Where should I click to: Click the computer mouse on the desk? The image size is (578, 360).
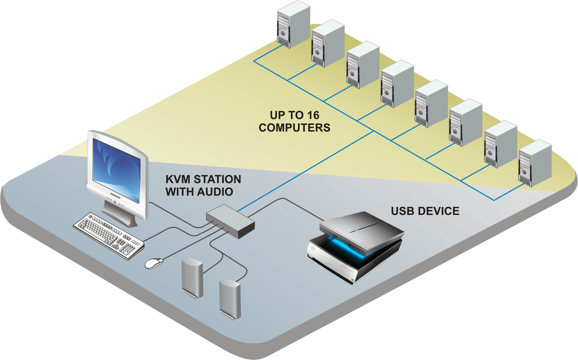154,263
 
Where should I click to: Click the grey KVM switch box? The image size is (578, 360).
230,220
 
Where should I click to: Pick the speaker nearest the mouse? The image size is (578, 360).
192,278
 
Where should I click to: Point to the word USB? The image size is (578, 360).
404,211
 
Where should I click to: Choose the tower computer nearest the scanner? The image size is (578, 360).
535,162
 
